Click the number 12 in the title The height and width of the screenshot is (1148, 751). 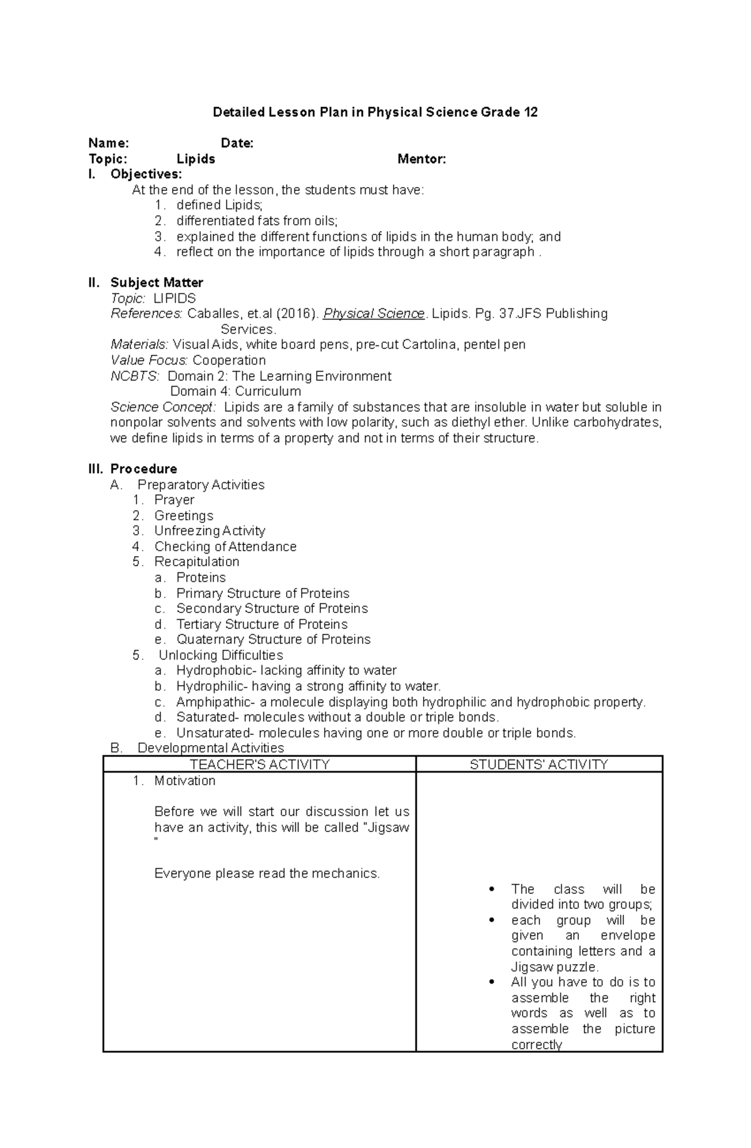tap(530, 113)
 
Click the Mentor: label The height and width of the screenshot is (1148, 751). tap(422, 160)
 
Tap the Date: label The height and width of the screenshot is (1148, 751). tap(237, 143)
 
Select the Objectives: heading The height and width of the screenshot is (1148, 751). tap(146, 175)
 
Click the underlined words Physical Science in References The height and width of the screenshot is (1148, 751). tap(374, 314)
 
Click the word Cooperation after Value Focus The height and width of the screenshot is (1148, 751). tap(229, 360)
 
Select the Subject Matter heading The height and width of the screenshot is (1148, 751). tap(156, 283)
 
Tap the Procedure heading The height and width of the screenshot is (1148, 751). tap(143, 469)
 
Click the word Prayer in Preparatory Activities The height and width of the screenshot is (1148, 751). tap(174, 500)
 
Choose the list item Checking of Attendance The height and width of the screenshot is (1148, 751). tap(225, 547)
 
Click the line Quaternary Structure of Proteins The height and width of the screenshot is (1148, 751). tap(273, 639)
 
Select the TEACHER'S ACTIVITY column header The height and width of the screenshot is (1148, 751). tap(259, 764)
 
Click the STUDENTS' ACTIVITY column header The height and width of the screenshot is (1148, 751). tap(539, 764)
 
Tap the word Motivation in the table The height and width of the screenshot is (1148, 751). tap(185, 781)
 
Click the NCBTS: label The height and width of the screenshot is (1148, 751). tap(135, 376)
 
